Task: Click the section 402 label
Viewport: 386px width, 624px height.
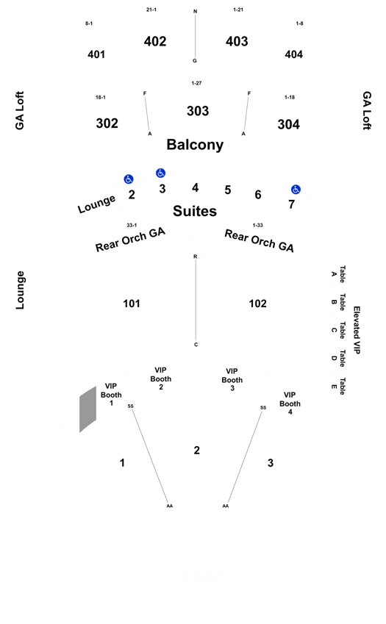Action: tap(155, 41)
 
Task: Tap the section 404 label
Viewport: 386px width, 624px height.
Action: tap(293, 54)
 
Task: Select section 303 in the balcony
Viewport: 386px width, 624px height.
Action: tap(198, 111)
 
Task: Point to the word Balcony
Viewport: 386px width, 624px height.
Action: tap(195, 145)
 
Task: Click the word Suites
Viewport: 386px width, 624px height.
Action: tap(195, 211)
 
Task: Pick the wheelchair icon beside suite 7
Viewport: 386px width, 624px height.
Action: tap(296, 190)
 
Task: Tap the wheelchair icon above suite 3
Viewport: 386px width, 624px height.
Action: tap(160, 173)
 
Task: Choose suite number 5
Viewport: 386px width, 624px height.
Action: tap(228, 190)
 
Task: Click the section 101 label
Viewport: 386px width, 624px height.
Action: tap(132, 304)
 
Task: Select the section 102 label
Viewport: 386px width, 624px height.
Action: tap(257, 304)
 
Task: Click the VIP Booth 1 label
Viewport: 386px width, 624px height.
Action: tap(111, 395)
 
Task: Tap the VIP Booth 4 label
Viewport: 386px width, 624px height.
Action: tap(290, 403)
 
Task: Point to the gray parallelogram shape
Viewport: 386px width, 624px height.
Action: tap(88, 409)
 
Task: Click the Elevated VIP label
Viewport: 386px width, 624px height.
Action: tap(357, 330)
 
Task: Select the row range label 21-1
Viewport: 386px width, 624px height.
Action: tap(151, 10)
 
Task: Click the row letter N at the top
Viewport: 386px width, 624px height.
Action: tap(195, 12)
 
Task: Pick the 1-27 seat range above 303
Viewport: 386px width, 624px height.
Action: tap(196, 83)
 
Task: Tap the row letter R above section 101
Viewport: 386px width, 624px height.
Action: tap(196, 257)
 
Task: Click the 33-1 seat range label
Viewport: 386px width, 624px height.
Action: tap(132, 225)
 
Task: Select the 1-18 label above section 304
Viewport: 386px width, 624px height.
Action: tap(290, 97)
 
